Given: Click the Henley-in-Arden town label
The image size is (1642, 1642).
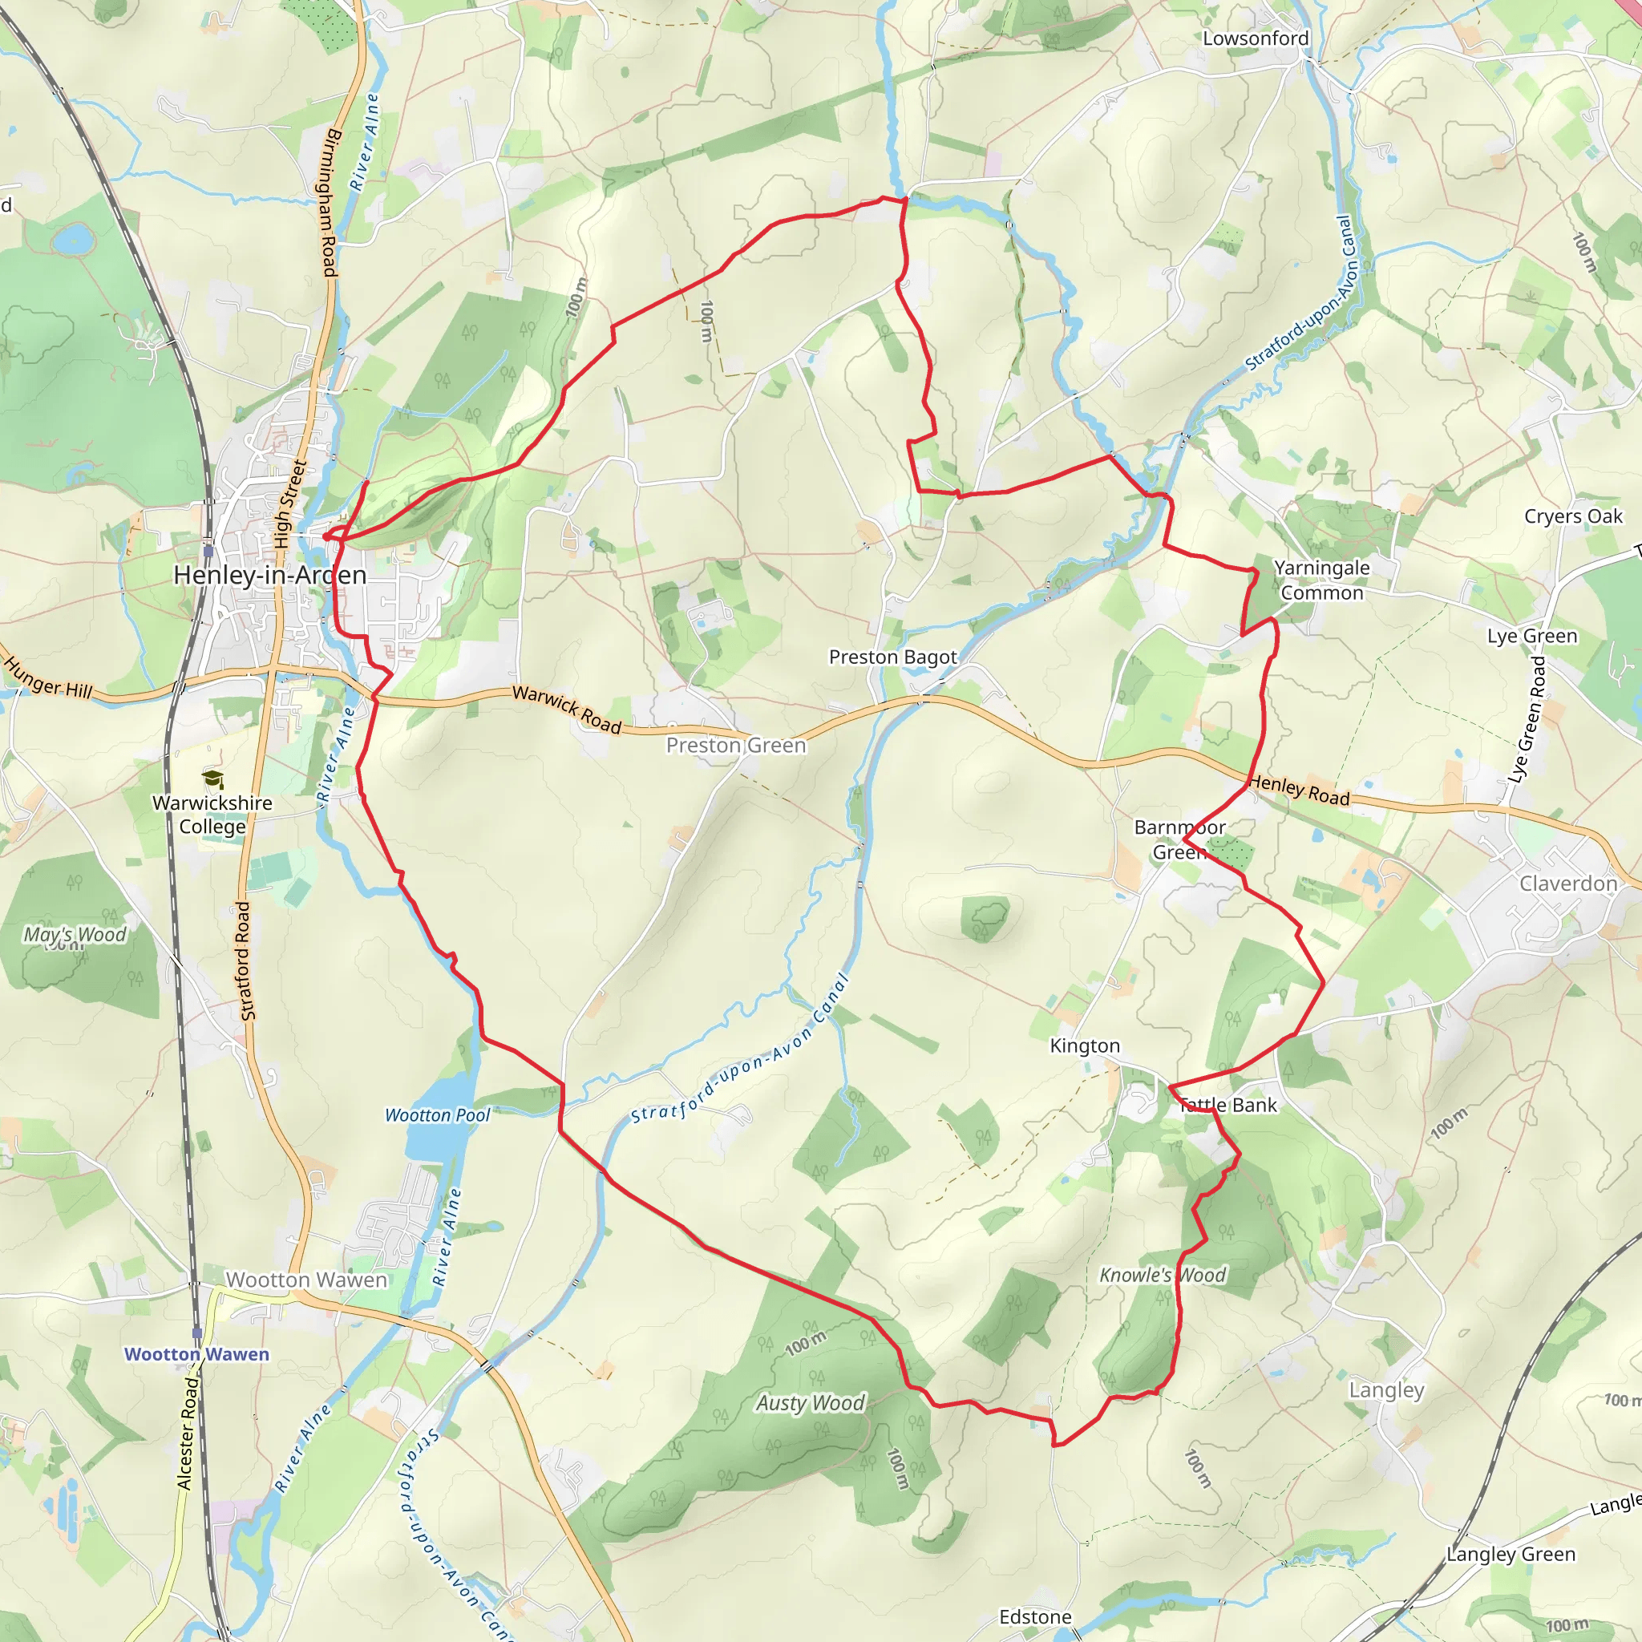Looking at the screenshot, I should point(269,576).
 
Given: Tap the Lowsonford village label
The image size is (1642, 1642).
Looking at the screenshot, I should point(1256,38).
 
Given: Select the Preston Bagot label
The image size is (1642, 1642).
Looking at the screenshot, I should point(892,657).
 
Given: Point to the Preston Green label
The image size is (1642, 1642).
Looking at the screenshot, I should point(736,746).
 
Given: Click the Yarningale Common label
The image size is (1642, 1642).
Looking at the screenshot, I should point(1321,580).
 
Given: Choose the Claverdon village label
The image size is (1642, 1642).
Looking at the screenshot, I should point(1568,884).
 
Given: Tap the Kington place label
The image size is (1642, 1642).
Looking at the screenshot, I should point(1086,1045).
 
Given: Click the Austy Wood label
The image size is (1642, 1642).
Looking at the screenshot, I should point(811,1403).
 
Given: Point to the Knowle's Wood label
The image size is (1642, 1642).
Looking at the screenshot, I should point(1163,1275).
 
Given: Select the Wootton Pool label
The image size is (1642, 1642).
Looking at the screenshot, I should point(438,1115).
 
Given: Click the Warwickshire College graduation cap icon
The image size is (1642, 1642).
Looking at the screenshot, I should point(212,779).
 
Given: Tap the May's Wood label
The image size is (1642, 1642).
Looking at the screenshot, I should point(75,935).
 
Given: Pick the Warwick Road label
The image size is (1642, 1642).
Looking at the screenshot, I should point(567,710).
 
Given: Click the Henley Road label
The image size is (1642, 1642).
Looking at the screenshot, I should point(1300,790).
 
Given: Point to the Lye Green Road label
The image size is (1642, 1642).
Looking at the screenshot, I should point(1527,719).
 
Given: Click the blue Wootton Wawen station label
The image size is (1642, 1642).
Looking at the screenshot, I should point(196,1354).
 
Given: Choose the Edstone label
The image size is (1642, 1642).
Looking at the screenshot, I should point(1035,1616).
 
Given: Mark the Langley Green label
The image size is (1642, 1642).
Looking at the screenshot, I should point(1511,1554).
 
